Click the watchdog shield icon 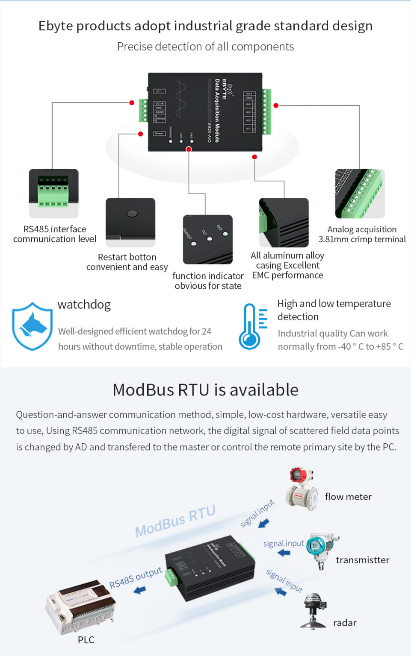[32, 326]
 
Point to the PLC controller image [80, 606]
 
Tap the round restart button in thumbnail [132, 214]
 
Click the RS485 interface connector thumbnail [53, 193]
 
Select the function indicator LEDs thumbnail [208, 239]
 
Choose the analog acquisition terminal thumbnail [360, 193]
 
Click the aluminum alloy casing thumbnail [284, 222]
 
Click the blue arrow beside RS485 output [139, 590]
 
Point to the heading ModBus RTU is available [205, 390]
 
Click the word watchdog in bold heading [84, 305]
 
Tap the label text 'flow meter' [348, 497]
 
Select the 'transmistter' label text [363, 560]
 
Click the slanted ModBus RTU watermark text [175, 521]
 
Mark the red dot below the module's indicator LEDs [189, 149]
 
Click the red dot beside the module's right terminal [276, 105]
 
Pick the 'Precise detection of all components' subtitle [205, 47]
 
